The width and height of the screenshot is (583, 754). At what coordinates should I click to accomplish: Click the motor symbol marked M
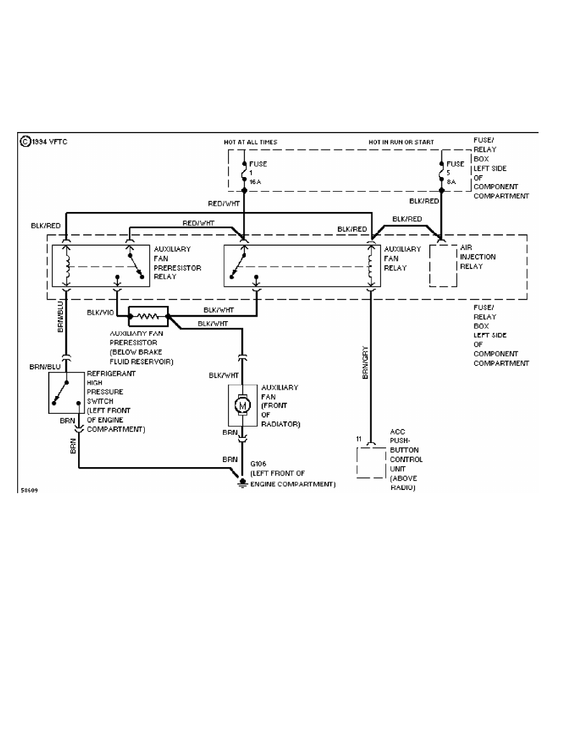243,404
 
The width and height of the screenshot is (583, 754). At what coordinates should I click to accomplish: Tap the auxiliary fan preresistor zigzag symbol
148,315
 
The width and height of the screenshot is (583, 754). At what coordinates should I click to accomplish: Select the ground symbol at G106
243,483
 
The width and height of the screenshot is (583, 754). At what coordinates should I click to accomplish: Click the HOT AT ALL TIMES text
250,142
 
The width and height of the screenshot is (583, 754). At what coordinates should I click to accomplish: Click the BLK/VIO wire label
100,312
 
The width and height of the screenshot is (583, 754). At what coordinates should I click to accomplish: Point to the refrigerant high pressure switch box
66,393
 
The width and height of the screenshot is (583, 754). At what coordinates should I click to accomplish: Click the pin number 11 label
359,439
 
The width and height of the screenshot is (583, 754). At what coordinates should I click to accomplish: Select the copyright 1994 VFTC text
43,142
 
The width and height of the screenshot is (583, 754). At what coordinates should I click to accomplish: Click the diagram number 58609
29,491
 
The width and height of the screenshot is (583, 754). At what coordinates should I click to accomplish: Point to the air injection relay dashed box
443,264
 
